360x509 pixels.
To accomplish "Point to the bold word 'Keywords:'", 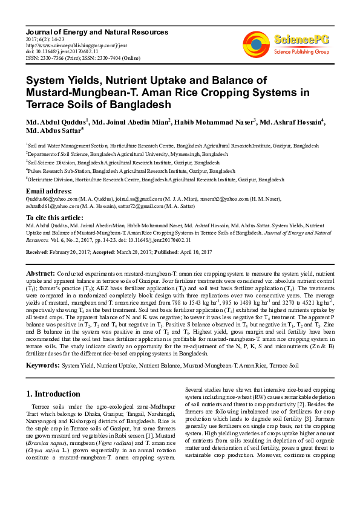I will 42,366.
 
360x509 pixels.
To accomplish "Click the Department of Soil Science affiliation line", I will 127,154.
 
